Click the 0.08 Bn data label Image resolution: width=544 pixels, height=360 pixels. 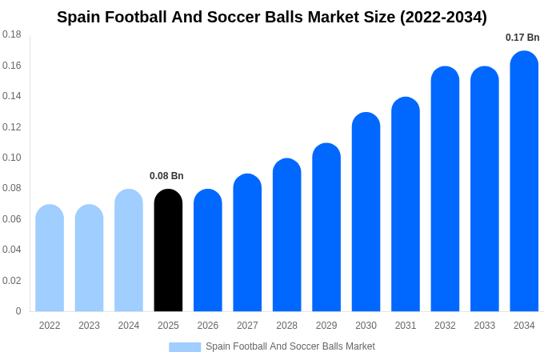click(x=166, y=176)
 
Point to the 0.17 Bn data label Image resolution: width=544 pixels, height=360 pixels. click(x=522, y=38)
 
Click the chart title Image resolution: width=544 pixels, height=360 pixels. click(x=272, y=17)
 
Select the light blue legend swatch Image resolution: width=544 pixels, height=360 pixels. click(x=185, y=346)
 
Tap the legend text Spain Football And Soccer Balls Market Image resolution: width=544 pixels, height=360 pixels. click(x=290, y=346)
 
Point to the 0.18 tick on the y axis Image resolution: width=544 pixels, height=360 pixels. click(x=12, y=34)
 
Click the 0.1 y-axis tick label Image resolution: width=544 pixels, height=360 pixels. click(x=12, y=158)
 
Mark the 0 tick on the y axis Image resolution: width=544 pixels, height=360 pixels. click(x=18, y=311)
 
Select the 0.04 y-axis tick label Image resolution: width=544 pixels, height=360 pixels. click(x=12, y=250)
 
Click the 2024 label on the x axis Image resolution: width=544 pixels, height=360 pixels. click(x=129, y=326)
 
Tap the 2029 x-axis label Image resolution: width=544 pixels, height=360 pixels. click(x=326, y=326)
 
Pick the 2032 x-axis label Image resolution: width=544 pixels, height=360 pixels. click(x=445, y=326)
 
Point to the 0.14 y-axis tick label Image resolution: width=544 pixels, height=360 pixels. click(x=12, y=96)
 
